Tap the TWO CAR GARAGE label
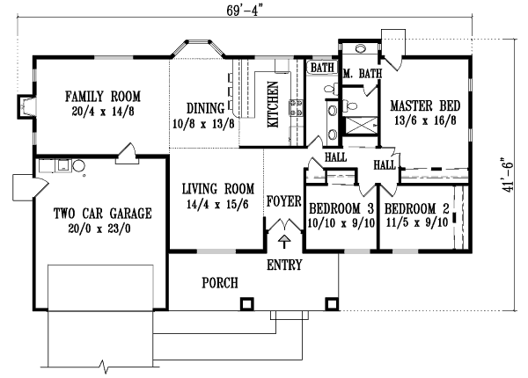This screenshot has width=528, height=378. coord(91,213)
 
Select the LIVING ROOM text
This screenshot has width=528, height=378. coord(218,188)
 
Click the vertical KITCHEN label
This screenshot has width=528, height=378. coord(273,105)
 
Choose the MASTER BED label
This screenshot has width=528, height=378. coord(429,106)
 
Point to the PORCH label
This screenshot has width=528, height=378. coord(220,282)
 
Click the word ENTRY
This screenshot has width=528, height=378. coord(284,265)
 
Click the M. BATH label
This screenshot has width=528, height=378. coord(360,73)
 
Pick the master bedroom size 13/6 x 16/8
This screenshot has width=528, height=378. coord(429,120)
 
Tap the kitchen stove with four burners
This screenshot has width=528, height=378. coord(297,110)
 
